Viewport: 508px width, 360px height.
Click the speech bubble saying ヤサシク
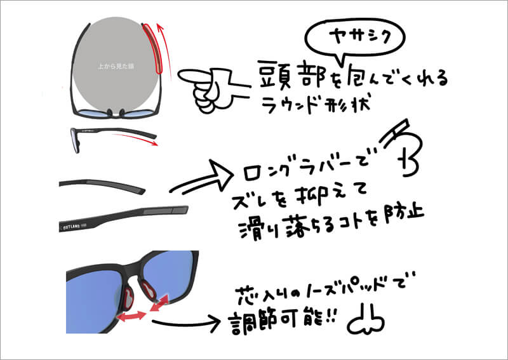tap(356, 39)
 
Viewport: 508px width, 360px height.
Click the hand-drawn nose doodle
tap(366, 320)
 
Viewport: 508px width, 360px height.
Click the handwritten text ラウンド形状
tap(315, 103)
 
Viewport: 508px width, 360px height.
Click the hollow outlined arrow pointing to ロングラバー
tap(203, 178)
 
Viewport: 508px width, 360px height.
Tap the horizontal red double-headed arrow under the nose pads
tap(131, 316)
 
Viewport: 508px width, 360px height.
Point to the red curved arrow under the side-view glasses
tap(136, 138)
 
